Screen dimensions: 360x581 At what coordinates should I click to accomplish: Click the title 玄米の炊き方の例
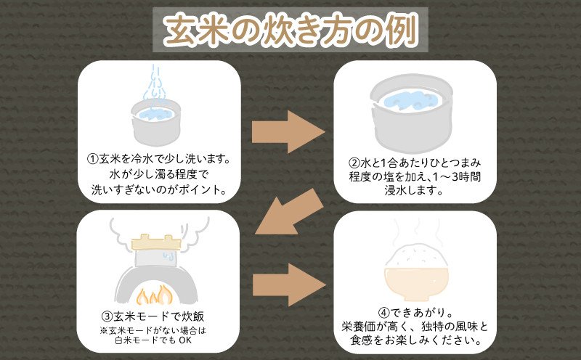290,31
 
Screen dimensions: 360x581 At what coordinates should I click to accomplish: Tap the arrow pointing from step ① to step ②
288,131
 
